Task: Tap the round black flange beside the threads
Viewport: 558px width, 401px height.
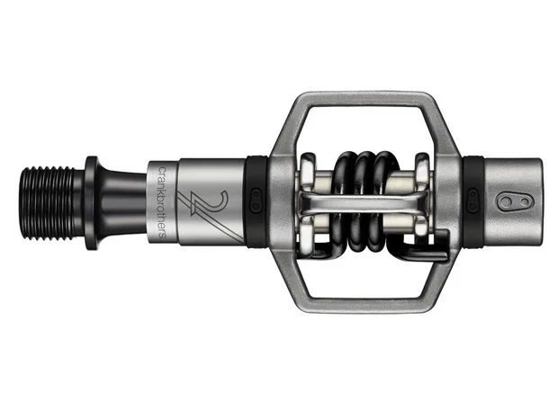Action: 91,202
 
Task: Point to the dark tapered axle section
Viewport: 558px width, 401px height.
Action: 122,202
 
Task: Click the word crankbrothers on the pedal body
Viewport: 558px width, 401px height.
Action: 162,202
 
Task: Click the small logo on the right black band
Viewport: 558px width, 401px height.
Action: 472,201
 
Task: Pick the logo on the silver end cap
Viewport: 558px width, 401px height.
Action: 516,202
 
